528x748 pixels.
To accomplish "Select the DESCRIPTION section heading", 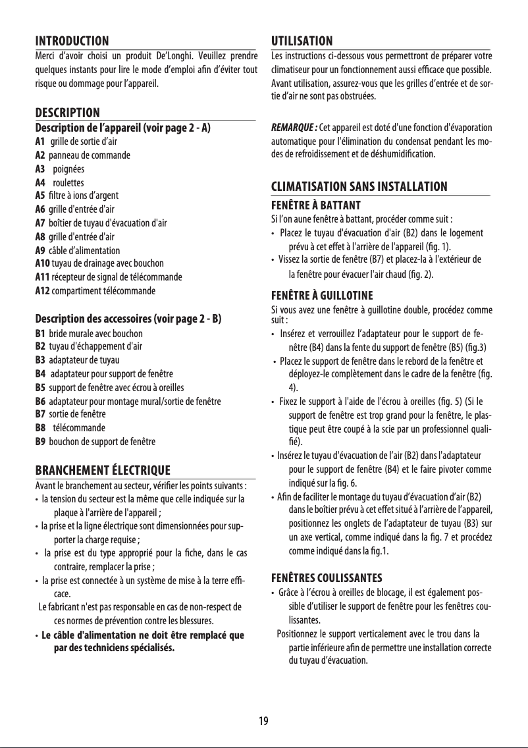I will pos(67,113).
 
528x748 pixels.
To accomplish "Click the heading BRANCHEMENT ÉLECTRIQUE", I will pos(102,470).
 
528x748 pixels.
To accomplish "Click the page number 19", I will pos(263,720).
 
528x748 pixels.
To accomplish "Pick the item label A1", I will pos(40,141).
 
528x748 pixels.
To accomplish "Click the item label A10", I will pos(42,264).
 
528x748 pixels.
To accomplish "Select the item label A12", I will pos(42,290).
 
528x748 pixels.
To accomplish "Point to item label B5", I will pos(40,387).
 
